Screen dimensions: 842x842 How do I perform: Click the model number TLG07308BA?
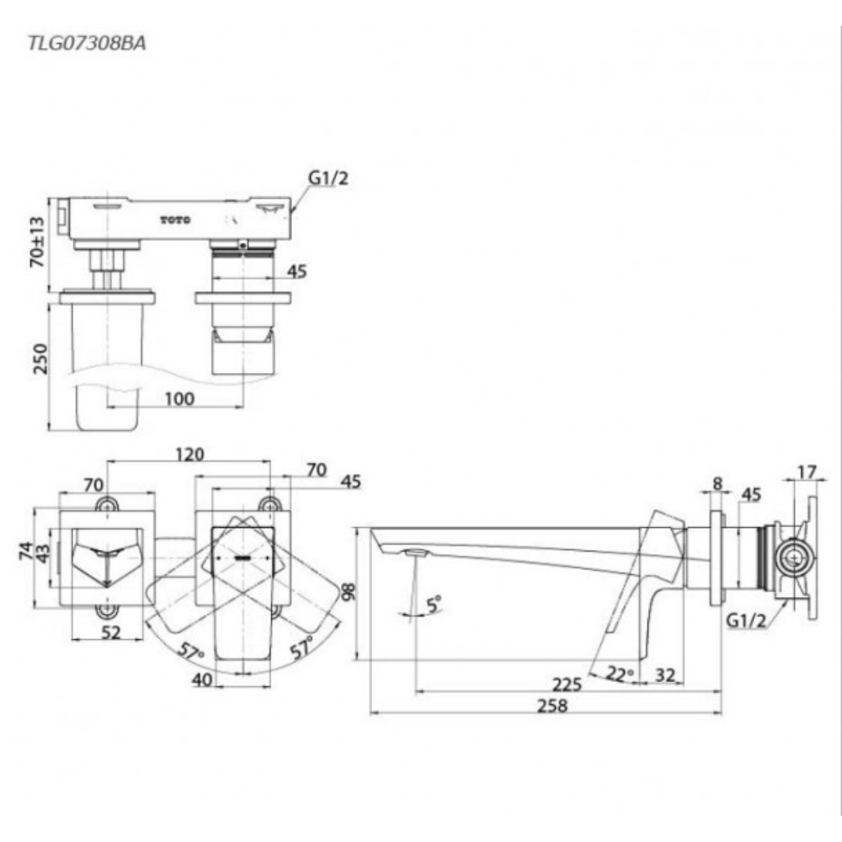pos(87,45)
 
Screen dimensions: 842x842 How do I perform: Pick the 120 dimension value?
pos(189,455)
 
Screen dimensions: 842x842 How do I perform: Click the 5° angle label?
pos(432,603)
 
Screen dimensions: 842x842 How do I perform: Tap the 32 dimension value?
pos(664,674)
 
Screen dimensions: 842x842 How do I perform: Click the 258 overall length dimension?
pos(552,706)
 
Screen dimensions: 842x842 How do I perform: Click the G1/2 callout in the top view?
pos(328,178)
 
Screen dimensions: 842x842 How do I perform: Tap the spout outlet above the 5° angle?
pos(414,552)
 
